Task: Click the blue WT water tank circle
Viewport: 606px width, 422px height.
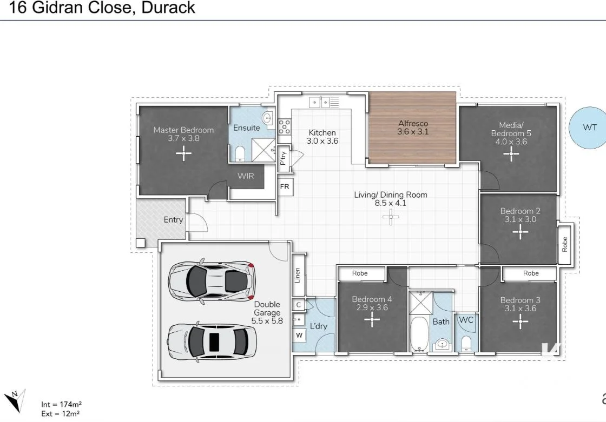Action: click(x=589, y=128)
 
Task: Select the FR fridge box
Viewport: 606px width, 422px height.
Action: click(x=285, y=186)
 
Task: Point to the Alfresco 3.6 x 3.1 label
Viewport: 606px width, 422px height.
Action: click(x=412, y=128)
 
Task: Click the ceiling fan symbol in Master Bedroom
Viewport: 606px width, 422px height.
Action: click(x=183, y=154)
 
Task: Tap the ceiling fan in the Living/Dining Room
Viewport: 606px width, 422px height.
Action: click(x=390, y=217)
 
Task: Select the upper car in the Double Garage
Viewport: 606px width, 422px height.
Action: click(x=211, y=280)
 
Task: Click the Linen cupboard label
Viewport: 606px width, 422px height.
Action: click(x=298, y=276)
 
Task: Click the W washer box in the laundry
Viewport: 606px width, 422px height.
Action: click(x=299, y=336)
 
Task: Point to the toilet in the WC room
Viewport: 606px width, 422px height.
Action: click(x=466, y=343)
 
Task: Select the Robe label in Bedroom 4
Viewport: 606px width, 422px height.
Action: click(x=360, y=273)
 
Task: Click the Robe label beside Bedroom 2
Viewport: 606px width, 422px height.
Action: click(x=565, y=244)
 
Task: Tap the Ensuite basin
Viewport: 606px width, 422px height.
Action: click(x=267, y=118)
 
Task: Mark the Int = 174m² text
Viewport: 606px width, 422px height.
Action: click(x=61, y=404)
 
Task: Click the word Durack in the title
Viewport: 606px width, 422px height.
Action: click(x=168, y=8)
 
